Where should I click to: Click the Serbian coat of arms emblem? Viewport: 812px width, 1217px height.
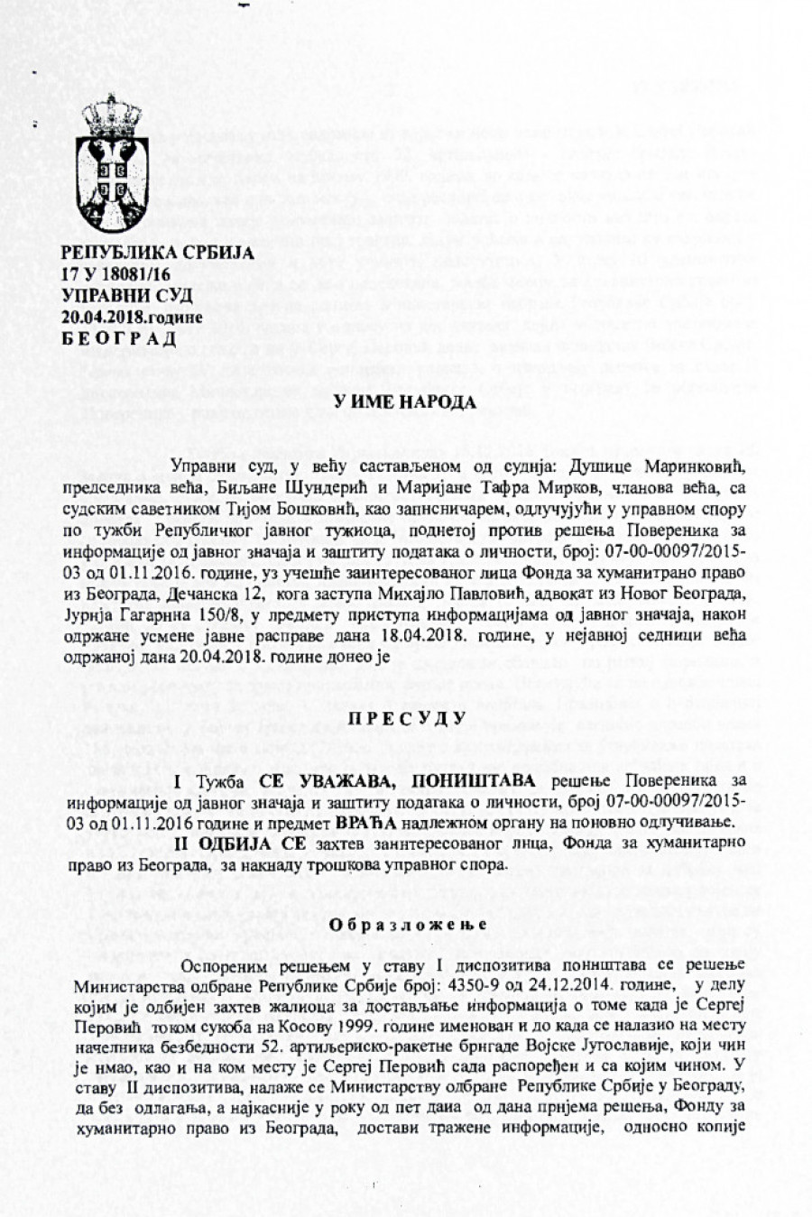107,164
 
